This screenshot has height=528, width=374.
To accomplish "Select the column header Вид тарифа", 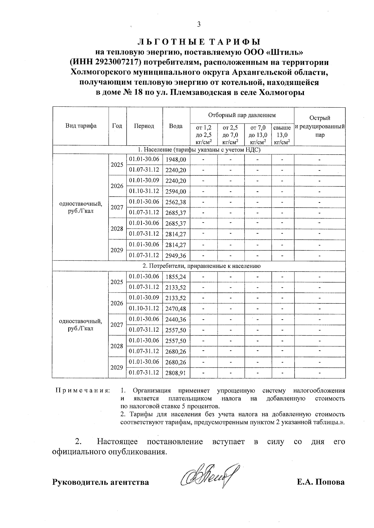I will pyautogui.click(x=81, y=126).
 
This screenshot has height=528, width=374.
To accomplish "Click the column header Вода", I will pyautogui.click(x=176, y=126).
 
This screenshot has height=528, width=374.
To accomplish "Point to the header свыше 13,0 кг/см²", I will pyautogui.click(x=282, y=135).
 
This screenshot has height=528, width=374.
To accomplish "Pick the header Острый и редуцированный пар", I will pyautogui.click(x=319, y=126).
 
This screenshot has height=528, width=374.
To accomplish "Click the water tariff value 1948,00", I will pyautogui.click(x=176, y=160).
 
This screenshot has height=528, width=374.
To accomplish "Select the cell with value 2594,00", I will pyautogui.click(x=176, y=192).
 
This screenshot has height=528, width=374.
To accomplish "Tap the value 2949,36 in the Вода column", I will pyautogui.click(x=176, y=256).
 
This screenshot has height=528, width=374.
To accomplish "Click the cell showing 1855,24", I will pyautogui.click(x=176, y=277).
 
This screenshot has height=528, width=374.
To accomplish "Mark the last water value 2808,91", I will pyautogui.click(x=176, y=373).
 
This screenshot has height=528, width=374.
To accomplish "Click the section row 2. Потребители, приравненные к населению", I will pyautogui.click(x=199, y=266).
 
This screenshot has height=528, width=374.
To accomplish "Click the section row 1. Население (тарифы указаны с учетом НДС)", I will pyautogui.click(x=199, y=150).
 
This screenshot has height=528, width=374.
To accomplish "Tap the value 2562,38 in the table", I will pyautogui.click(x=176, y=202).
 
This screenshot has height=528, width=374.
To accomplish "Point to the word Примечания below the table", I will pyautogui.click(x=82, y=390).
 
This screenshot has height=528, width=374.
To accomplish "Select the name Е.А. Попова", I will pyautogui.click(x=321, y=482).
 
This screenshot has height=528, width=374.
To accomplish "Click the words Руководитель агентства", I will pyautogui.click(x=100, y=482).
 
